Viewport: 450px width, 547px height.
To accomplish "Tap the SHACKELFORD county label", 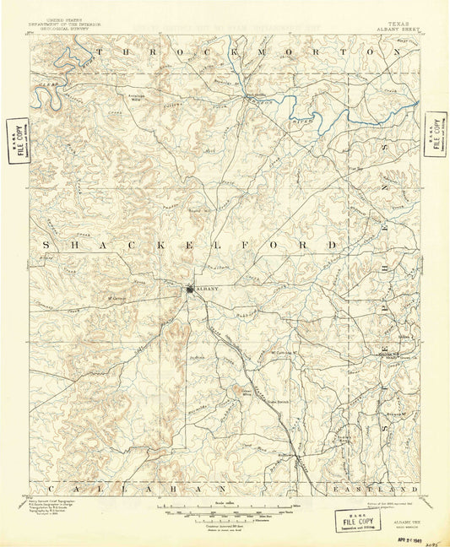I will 190,245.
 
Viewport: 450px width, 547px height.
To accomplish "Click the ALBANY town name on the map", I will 206,290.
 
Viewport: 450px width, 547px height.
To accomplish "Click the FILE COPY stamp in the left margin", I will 15,140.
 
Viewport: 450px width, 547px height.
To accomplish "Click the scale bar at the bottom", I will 225,509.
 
